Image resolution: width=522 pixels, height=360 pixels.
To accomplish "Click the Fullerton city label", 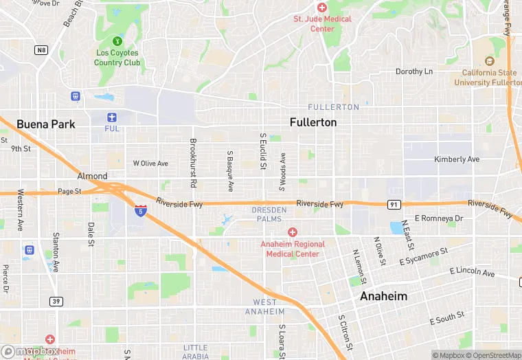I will click(x=313, y=122).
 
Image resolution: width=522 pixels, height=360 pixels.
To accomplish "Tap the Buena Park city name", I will click(x=45, y=124).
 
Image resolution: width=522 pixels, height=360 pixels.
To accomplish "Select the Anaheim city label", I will click(x=384, y=296).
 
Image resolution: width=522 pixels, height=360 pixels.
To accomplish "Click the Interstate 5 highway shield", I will click(x=140, y=210).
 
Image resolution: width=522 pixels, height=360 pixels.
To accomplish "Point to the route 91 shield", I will click(x=394, y=204).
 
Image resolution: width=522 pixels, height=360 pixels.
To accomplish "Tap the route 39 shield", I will click(x=56, y=301).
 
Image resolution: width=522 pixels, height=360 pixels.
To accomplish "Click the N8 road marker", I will click(x=42, y=49).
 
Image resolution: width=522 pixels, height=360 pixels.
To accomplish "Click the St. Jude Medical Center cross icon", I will click(x=322, y=7).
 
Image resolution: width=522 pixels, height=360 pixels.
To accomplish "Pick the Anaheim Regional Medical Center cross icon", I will click(x=293, y=233).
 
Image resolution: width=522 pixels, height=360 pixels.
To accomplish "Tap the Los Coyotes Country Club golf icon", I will click(x=116, y=42).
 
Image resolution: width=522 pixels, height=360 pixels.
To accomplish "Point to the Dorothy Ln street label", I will click(x=414, y=71).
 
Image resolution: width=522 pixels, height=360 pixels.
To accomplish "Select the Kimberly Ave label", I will click(x=457, y=159).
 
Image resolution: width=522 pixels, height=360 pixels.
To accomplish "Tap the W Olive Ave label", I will click(x=150, y=164).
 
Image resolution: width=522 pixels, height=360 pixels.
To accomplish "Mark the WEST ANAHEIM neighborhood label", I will click(x=265, y=306).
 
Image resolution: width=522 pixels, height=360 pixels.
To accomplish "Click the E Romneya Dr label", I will click(x=440, y=218).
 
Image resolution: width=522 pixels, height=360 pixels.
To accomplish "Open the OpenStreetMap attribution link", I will click(x=493, y=355).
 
